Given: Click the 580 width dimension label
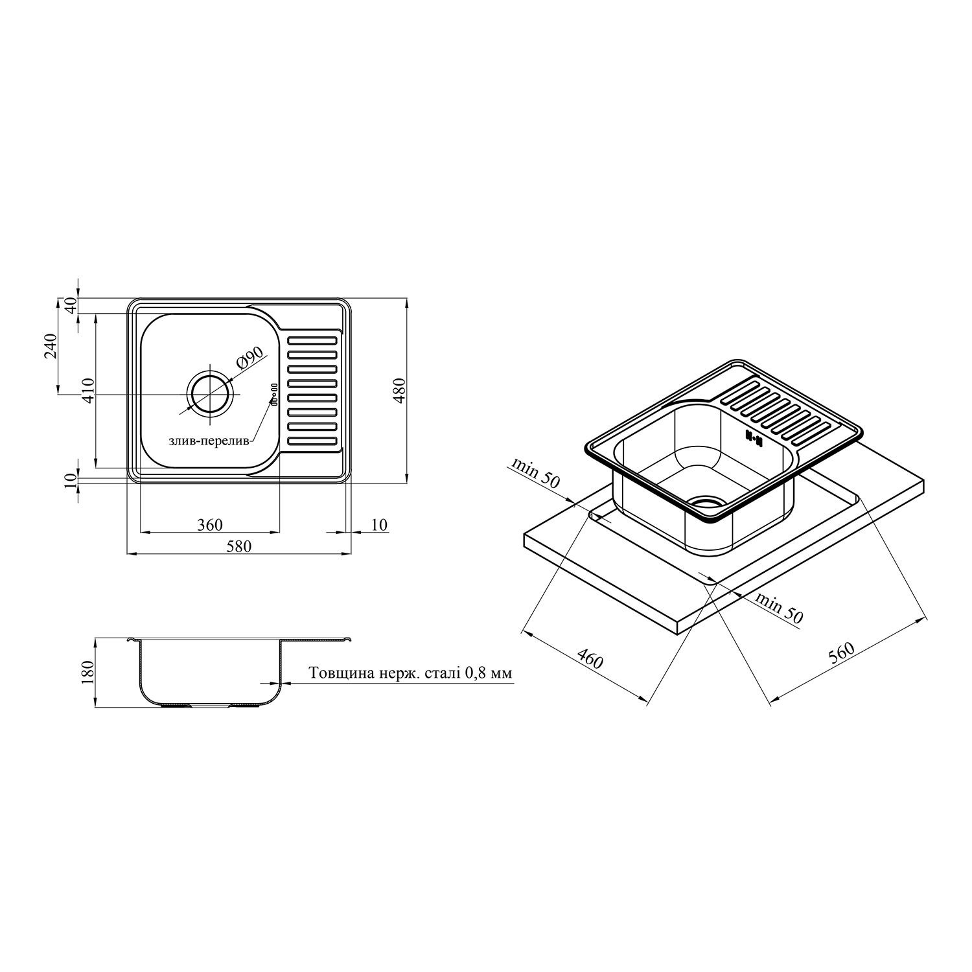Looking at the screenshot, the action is pos(238,546).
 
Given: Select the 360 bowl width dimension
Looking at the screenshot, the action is pos(211,524).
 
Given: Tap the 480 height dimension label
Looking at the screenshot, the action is pos(400,391).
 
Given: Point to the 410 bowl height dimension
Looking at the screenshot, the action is pos(89,391).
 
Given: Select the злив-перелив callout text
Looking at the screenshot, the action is pos(208,441).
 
